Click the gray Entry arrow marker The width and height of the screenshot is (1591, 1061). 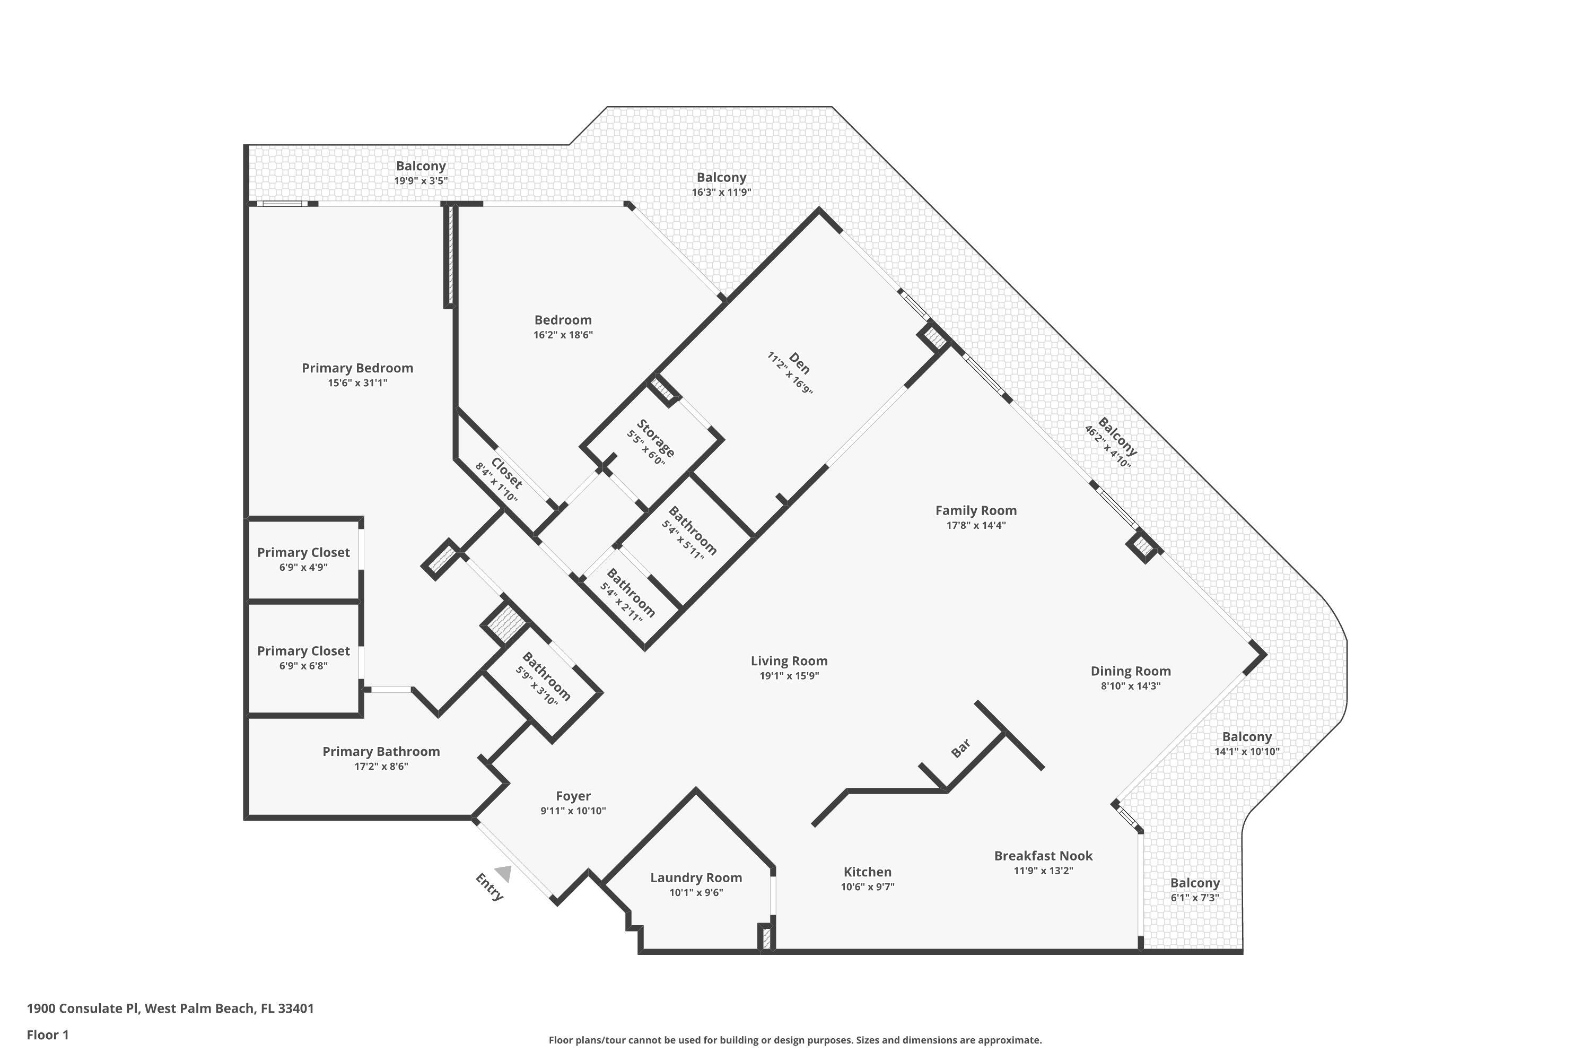point(503,874)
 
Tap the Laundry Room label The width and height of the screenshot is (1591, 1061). point(696,877)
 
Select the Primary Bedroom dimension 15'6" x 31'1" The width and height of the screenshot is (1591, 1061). point(357,383)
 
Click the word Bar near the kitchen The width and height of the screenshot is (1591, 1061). point(961,747)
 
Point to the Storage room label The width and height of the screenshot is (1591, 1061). point(655,438)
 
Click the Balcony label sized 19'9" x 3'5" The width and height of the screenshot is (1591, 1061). point(421,166)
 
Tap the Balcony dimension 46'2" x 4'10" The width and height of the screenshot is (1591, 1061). point(1107,447)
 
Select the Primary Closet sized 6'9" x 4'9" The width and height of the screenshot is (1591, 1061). point(303,552)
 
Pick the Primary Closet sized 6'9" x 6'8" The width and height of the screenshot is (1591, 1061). point(303,651)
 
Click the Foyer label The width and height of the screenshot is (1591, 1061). point(573,796)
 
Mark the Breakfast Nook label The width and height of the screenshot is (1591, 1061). point(1043,855)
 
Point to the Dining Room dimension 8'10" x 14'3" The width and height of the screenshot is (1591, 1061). point(1130,685)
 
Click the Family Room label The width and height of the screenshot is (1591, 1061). point(975,510)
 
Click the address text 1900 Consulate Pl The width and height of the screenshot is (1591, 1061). point(83,1008)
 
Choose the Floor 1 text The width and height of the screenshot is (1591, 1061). point(47,1034)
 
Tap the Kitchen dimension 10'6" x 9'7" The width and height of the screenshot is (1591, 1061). point(867,887)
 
